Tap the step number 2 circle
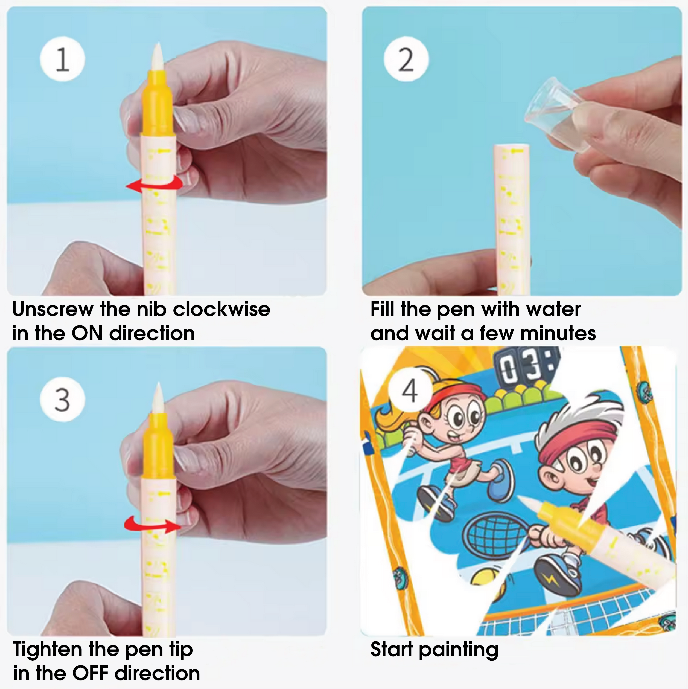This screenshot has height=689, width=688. coord(406,59)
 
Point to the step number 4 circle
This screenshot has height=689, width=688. coord(410,391)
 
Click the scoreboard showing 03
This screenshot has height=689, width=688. coord(526,367)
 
